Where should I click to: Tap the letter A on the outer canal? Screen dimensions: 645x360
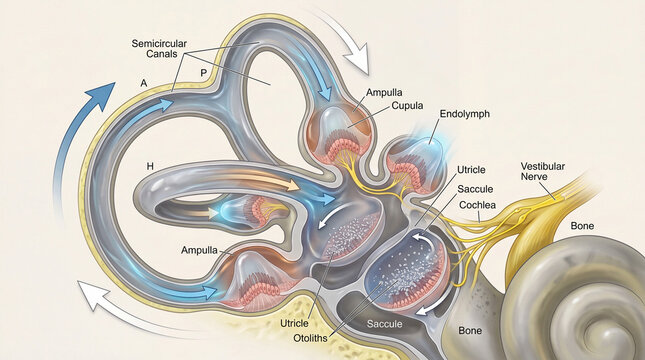146,81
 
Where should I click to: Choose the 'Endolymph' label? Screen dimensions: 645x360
464,115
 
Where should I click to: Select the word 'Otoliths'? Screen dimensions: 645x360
297,337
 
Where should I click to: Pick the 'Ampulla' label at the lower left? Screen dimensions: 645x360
201,249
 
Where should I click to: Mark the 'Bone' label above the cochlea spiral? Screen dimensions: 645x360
582,226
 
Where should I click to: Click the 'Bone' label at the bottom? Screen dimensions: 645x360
470,328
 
